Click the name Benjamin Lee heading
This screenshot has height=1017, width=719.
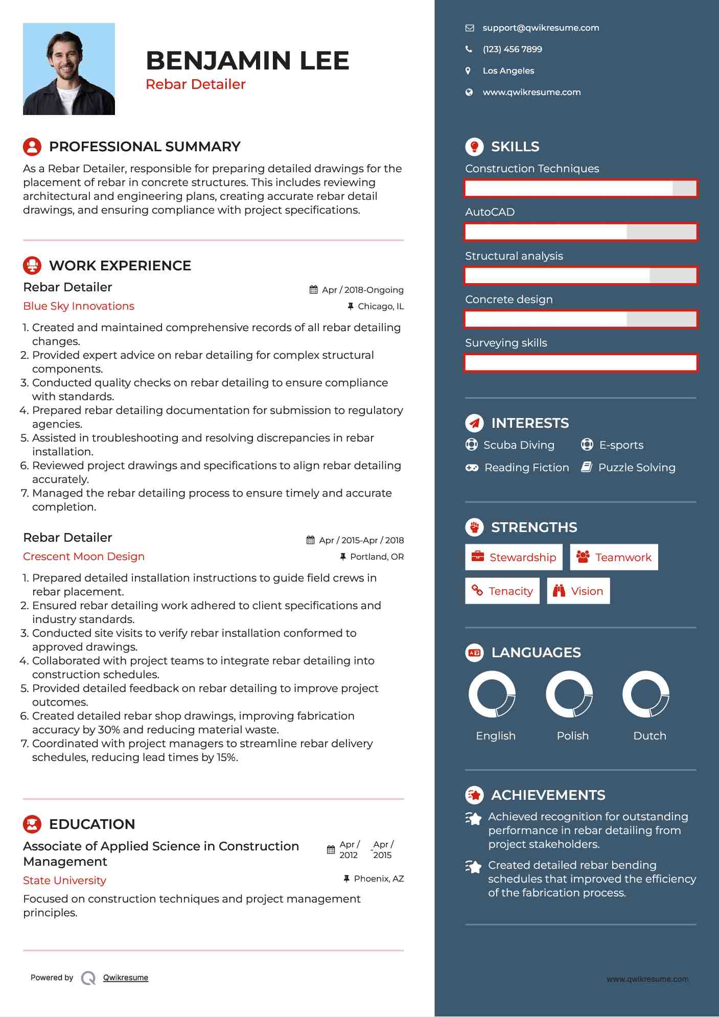247,61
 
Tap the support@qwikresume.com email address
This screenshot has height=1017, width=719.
540,28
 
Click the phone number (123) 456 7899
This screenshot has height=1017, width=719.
512,50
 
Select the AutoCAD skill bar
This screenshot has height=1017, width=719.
581,232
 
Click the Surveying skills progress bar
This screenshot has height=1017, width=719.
581,363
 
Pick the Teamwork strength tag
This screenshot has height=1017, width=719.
614,557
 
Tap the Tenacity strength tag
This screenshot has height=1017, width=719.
502,591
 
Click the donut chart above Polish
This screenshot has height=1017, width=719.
569,694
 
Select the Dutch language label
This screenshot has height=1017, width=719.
650,736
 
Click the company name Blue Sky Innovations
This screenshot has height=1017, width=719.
79,306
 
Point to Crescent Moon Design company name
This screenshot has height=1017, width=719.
84,557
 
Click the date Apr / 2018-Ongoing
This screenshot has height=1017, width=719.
362,290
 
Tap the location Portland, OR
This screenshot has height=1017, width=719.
377,557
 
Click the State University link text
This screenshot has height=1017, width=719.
65,881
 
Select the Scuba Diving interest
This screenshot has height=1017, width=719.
519,445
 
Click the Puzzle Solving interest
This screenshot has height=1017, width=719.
636,468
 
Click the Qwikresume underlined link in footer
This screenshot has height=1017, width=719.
126,978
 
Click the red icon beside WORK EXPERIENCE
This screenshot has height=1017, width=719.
32,265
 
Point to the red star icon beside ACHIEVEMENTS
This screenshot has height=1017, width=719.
475,795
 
